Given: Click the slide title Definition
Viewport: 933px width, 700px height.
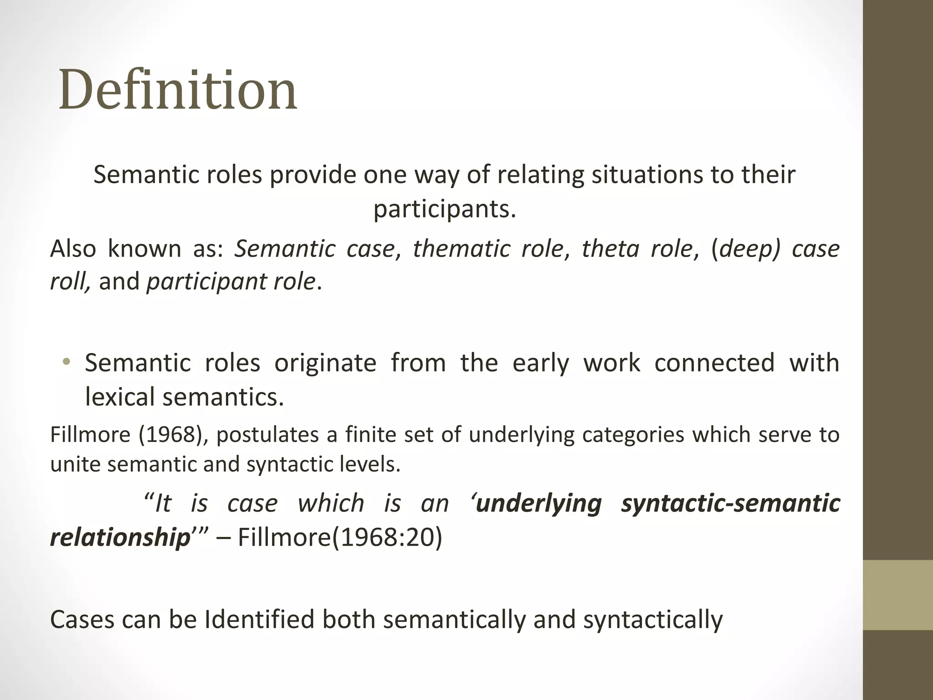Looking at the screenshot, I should coord(178,89).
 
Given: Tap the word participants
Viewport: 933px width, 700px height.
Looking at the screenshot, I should coord(445,209).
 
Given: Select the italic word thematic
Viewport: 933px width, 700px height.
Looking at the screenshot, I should coord(461,249).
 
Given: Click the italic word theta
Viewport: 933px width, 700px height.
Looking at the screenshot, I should coord(610,249).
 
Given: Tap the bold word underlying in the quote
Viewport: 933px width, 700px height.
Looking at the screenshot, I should coord(538,504).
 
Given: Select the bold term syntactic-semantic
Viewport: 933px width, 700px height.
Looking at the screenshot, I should coord(730,504).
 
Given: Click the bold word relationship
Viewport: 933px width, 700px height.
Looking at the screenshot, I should coord(120,537).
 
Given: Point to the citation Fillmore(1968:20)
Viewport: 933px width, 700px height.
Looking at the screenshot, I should coord(340,537).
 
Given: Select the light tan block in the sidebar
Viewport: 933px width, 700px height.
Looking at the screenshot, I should coord(897,595).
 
